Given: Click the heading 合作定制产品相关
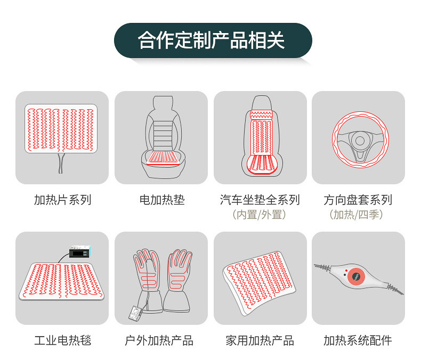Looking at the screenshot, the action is pyautogui.click(x=212, y=40).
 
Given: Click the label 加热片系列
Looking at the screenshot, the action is pyautogui.click(x=62, y=200).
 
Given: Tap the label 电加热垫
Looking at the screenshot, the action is pyautogui.click(x=162, y=200).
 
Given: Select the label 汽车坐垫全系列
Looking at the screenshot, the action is pyautogui.click(x=260, y=200).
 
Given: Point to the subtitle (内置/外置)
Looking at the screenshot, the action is pyautogui.click(x=260, y=215).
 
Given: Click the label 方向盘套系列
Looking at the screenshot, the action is pyautogui.click(x=358, y=200).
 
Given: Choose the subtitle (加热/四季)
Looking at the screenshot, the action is pyautogui.click(x=357, y=215).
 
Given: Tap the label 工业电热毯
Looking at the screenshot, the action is pyautogui.click(x=62, y=340).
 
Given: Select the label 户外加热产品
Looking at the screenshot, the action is pyautogui.click(x=159, y=340).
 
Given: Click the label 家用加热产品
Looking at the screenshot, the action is pyautogui.click(x=260, y=340).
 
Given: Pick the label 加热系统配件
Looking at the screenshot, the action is pyautogui.click(x=358, y=340).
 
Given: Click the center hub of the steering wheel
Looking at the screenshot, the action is pyautogui.click(x=360, y=141).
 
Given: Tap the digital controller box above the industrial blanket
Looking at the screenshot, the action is pyautogui.click(x=79, y=251).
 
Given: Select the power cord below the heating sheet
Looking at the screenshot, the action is pyautogui.click(x=61, y=163).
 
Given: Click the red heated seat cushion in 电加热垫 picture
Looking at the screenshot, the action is pyautogui.click(x=162, y=158).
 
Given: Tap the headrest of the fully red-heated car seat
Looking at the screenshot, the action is pyautogui.click(x=262, y=103).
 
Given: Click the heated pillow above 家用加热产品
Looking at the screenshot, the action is pyautogui.click(x=259, y=283).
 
